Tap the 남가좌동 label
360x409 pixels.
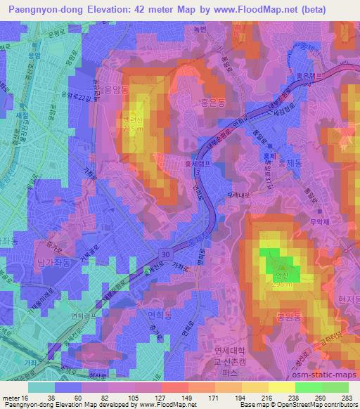pos(51,261)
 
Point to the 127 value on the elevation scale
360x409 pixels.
pos(161,397)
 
